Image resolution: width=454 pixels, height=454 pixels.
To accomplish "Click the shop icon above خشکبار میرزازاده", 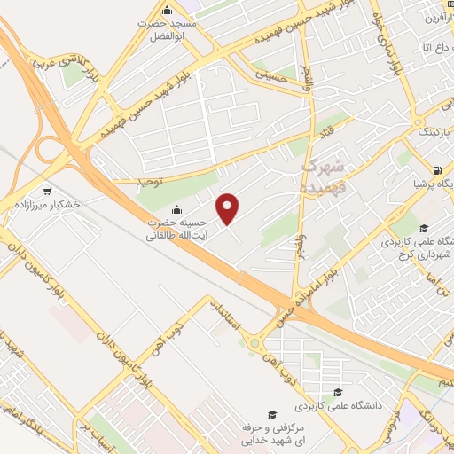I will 47,190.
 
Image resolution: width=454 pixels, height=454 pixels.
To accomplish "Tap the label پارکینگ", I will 434,133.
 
